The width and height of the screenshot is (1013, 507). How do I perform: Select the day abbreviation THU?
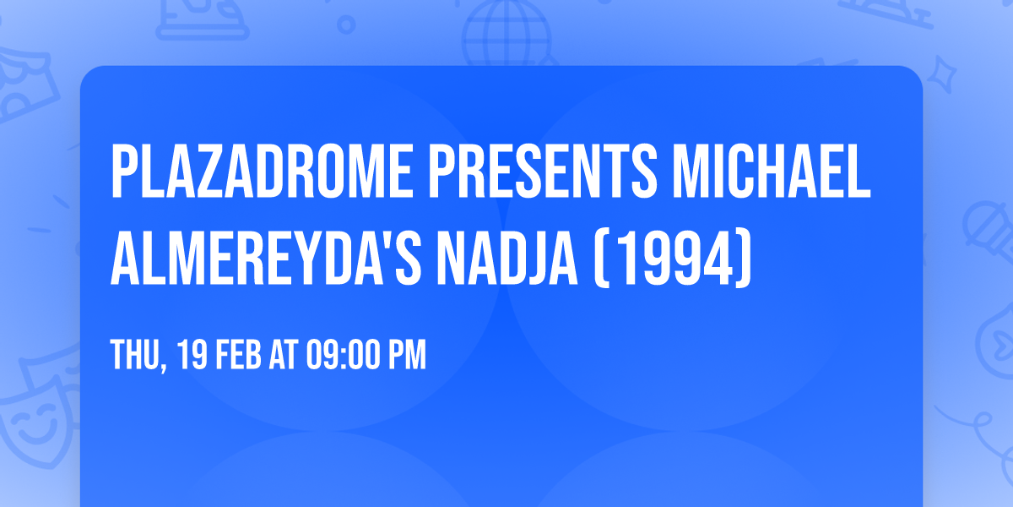point(133,356)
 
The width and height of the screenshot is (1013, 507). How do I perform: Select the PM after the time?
point(407,356)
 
